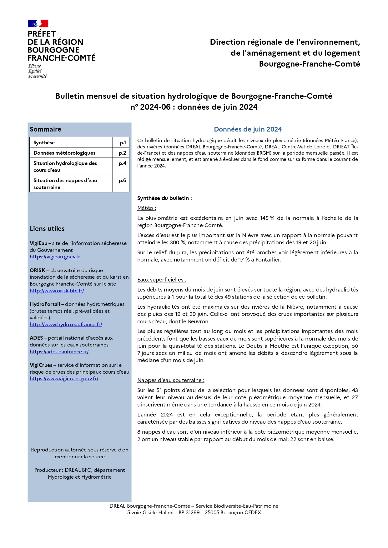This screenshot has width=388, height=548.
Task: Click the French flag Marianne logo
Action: coord(38,23)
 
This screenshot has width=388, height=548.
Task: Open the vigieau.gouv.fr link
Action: coord(55,257)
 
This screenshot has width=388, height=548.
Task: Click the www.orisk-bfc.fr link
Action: coord(57,291)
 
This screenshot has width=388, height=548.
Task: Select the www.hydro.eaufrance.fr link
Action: coord(66,325)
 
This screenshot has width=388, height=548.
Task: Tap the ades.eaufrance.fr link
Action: coord(59,352)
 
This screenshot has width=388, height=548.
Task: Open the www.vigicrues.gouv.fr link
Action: coord(64,379)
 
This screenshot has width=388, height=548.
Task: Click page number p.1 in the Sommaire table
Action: coord(123,143)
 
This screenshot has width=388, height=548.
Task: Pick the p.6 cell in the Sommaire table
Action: coord(122,181)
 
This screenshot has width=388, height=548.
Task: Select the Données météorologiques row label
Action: coord(64,153)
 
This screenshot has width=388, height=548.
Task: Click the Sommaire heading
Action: coord(45,129)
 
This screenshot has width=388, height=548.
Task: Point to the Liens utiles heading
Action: coord(47,229)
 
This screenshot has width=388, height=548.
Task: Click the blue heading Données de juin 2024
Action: coord(248,129)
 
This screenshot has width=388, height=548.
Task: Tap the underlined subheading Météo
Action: coord(146,208)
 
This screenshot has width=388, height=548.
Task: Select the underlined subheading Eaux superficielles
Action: coord(161,280)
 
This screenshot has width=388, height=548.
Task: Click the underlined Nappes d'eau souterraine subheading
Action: coord(170,381)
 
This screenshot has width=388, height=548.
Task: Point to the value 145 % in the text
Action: coord(267,218)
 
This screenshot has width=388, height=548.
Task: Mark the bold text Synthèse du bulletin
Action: coord(164,198)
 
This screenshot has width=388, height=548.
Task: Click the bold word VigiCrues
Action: coord(41,365)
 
